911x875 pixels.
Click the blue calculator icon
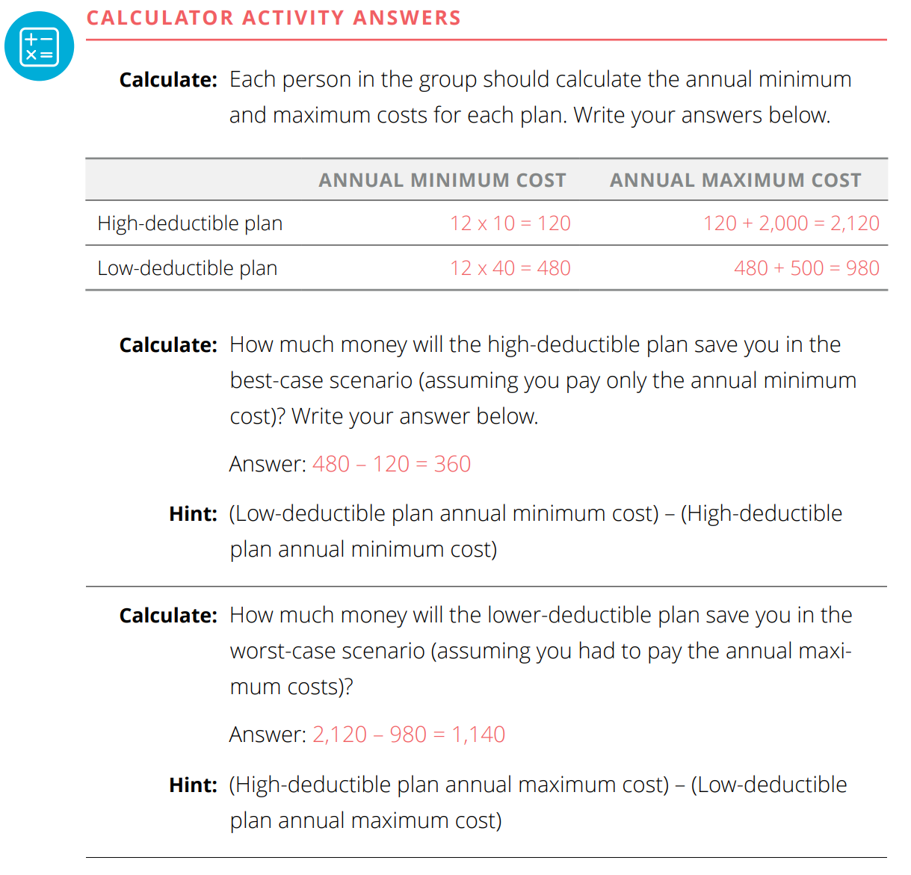[40, 46]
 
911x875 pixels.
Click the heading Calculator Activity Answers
[274, 18]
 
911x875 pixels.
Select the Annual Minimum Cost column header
[442, 180]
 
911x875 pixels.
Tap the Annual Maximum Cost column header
[735, 180]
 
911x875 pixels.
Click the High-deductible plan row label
[190, 223]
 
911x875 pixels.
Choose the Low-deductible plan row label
[187, 268]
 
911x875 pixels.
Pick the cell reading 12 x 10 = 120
[510, 223]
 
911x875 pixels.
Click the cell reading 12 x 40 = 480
[510, 268]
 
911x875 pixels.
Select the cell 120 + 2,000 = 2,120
[791, 223]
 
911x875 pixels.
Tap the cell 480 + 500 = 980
[806, 268]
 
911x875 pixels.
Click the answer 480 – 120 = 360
[392, 464]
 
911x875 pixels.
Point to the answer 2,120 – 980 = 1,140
[409, 735]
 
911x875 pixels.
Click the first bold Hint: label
[193, 514]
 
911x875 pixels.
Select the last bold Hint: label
[193, 785]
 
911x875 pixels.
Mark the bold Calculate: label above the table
[168, 80]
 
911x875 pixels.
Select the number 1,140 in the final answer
[478, 735]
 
